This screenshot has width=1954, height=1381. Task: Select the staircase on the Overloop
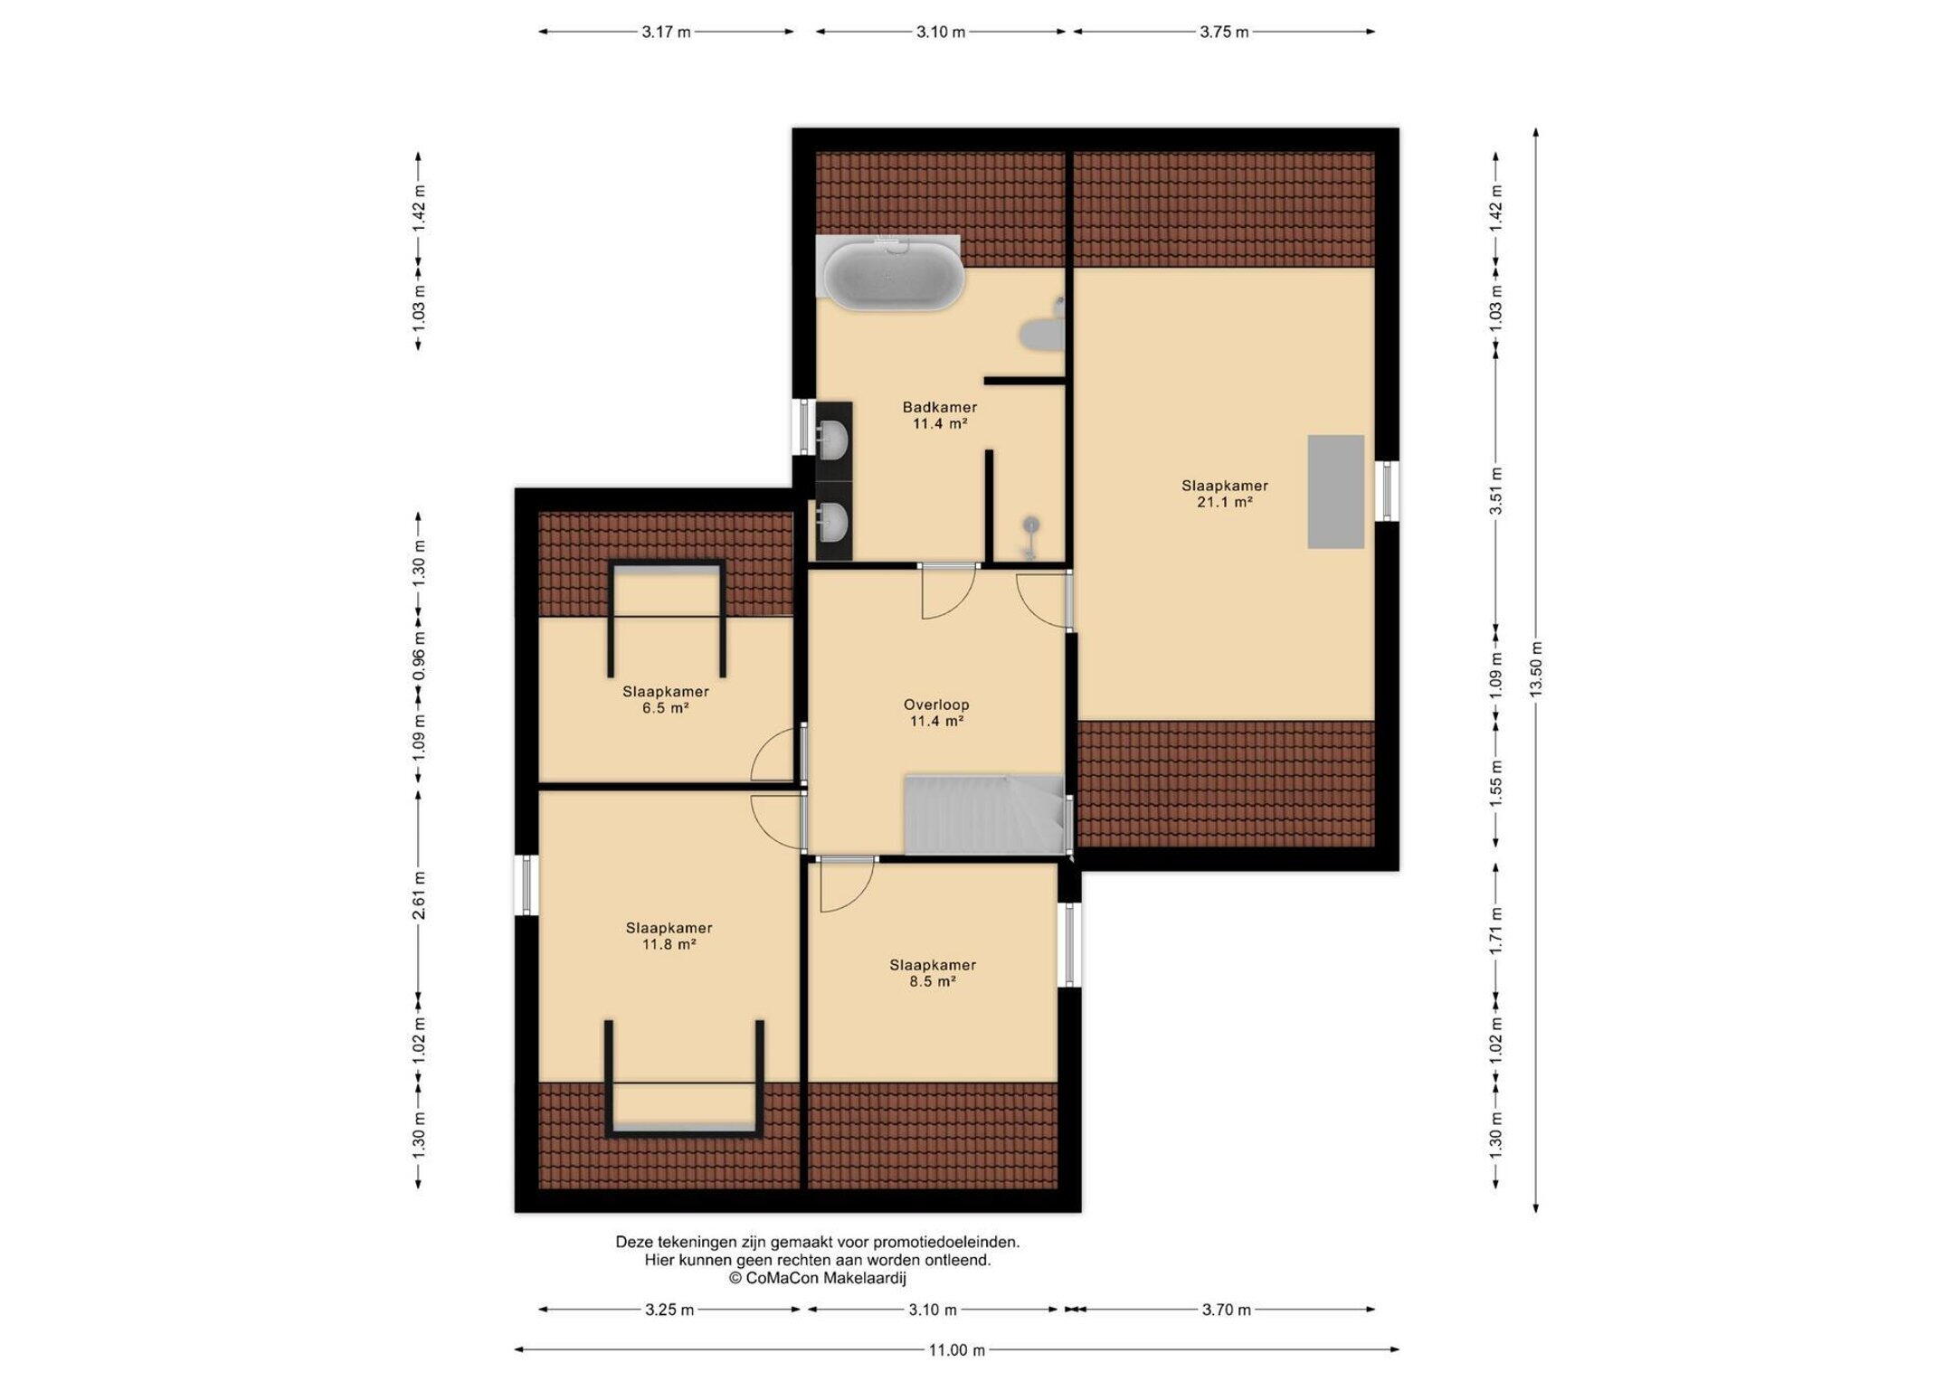pyautogui.click(x=985, y=814)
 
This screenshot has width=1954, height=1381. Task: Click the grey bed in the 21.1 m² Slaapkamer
pyautogui.click(x=1335, y=491)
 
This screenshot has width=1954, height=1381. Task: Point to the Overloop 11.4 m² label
pyautogui.click(x=936, y=713)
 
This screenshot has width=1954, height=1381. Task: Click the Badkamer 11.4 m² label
pyautogui.click(x=940, y=415)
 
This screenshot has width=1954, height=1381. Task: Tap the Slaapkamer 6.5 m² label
pyautogui.click(x=666, y=700)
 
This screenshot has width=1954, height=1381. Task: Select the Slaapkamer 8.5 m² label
pyautogui.click(x=933, y=973)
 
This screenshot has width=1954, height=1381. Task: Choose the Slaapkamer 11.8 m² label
pyautogui.click(x=669, y=936)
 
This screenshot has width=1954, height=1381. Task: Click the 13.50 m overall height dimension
pyautogui.click(x=1535, y=669)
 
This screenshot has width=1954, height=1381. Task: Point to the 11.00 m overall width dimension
pyautogui.click(x=957, y=1350)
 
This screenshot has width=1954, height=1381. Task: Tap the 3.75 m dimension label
pyautogui.click(x=1224, y=32)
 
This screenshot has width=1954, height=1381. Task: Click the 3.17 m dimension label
pyautogui.click(x=667, y=32)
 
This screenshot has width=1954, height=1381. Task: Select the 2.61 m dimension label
pyautogui.click(x=419, y=895)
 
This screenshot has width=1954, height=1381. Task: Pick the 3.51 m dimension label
pyautogui.click(x=1495, y=491)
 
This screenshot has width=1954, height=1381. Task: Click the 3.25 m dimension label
pyautogui.click(x=669, y=1310)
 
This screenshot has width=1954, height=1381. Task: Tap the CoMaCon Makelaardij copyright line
pyautogui.click(x=818, y=1278)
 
